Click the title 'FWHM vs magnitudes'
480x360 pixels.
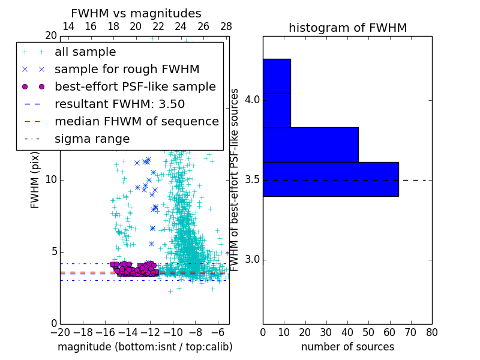(136, 14)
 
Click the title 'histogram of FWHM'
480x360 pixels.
(347, 28)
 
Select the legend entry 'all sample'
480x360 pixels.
(85, 52)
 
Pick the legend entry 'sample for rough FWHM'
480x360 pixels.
(127, 69)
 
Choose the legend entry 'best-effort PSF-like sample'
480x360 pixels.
(135, 86)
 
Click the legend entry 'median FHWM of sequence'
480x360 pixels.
(136, 121)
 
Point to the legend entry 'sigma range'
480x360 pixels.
(92, 139)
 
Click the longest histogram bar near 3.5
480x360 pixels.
(331, 179)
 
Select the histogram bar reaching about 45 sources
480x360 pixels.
(310, 145)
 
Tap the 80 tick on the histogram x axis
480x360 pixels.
(431, 332)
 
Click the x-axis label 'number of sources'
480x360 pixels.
(347, 347)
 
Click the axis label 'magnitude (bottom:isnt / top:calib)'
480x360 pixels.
(145, 347)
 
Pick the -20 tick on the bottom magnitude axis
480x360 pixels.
(60, 332)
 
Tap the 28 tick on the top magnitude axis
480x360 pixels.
(226, 26)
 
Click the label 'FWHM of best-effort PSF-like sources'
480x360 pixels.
(235, 180)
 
